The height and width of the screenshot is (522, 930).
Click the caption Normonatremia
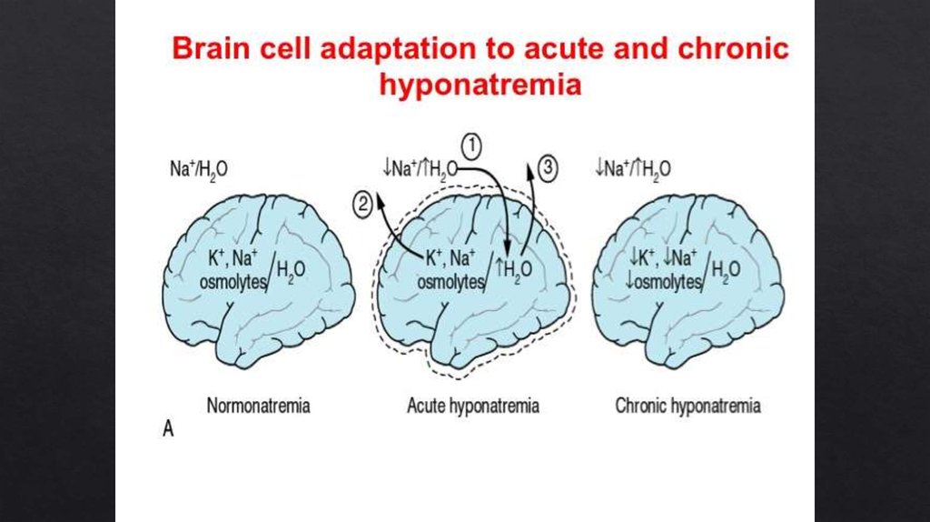point(258,406)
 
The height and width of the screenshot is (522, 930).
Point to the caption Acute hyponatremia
point(472,406)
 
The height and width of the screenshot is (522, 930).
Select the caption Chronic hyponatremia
point(688,406)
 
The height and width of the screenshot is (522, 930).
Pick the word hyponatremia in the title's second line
point(480,85)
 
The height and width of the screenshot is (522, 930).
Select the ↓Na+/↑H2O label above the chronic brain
point(633,169)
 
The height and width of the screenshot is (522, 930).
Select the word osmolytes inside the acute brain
point(450,282)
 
